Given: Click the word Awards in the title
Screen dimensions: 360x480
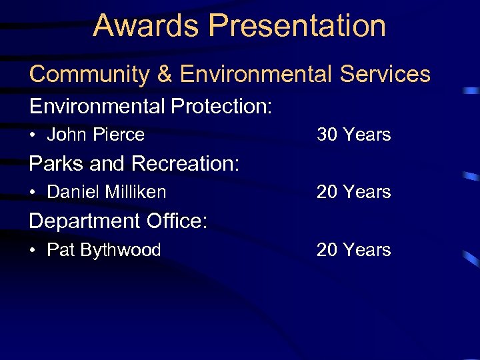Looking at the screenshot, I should [x=146, y=25].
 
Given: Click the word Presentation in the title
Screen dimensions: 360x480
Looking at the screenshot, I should [x=297, y=25].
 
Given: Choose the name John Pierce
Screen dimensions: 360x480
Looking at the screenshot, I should [x=95, y=135].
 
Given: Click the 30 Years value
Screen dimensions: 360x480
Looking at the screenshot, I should [x=353, y=135].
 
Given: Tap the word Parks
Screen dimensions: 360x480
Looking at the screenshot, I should [x=55, y=163].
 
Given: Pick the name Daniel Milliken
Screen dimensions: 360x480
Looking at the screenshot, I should [x=106, y=192].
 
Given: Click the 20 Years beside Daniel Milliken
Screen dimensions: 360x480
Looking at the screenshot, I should [x=353, y=192].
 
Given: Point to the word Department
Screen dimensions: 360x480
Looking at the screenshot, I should [x=84, y=221].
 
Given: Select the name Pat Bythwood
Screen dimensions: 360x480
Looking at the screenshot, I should [x=103, y=250].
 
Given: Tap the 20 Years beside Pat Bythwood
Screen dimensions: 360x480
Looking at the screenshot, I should [x=353, y=250].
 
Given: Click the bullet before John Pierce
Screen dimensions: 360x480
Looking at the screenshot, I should [x=33, y=135].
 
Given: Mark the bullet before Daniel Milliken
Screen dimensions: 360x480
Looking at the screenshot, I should [x=33, y=193].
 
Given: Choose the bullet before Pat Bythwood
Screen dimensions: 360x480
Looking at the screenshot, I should [x=33, y=251].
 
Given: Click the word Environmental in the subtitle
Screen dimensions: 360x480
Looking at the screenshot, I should [x=255, y=74].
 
